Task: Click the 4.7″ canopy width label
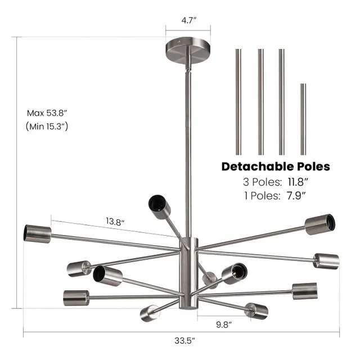point(188,21)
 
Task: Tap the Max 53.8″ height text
point(47,112)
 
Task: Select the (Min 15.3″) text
point(47,127)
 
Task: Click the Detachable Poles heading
point(275,166)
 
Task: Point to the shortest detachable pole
point(303,119)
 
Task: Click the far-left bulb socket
point(37,232)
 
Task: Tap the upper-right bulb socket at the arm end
point(321,223)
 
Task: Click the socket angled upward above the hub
point(159,206)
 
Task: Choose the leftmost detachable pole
point(238,101)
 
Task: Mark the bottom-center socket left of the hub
point(150,312)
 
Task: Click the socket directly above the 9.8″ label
point(256,309)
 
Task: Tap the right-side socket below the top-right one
point(326,260)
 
